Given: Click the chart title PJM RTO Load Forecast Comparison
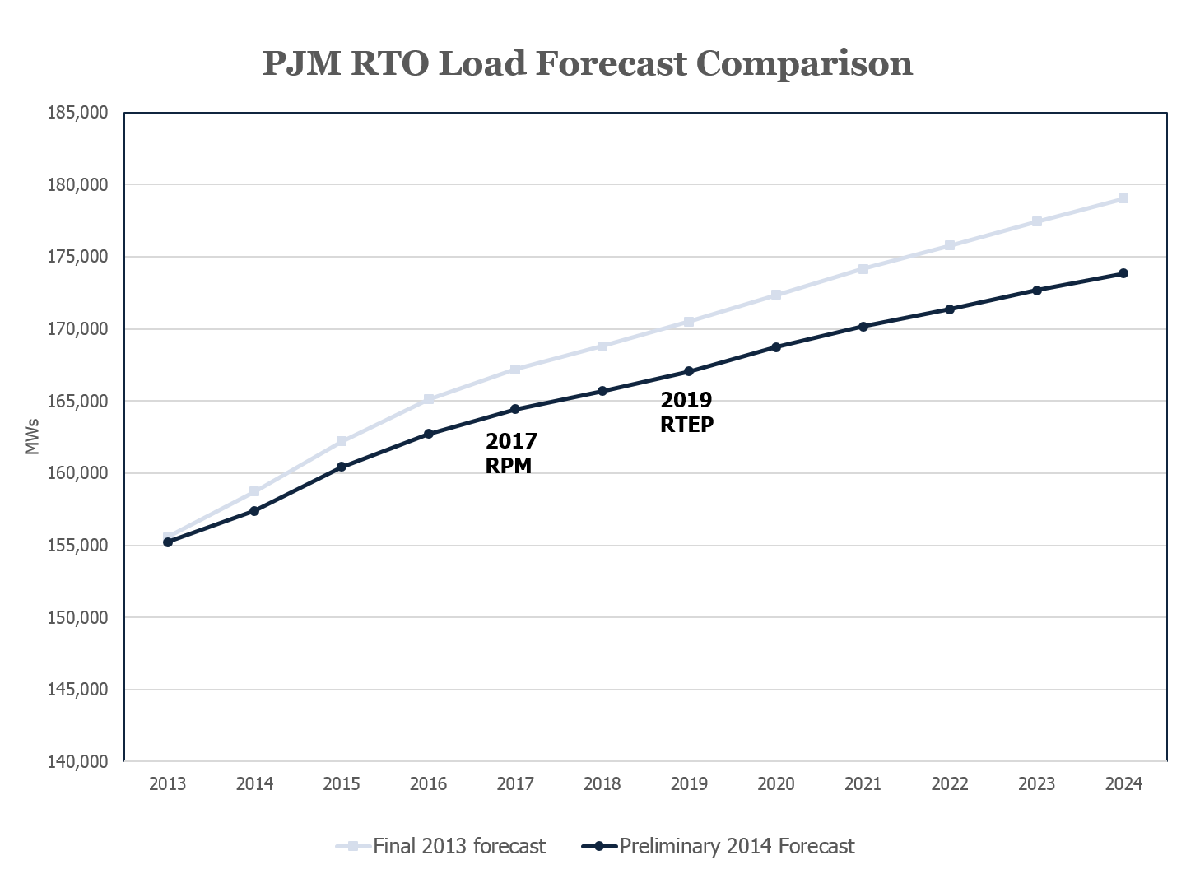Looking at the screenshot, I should click(x=588, y=63).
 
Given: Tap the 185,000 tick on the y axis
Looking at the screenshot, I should click(x=78, y=113).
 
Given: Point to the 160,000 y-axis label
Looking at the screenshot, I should click(x=78, y=473).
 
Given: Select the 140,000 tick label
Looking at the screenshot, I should click(x=78, y=762).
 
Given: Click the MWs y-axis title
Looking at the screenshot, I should click(x=32, y=437).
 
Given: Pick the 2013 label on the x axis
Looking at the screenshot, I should click(x=167, y=784).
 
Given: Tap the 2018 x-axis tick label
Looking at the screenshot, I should click(x=602, y=784).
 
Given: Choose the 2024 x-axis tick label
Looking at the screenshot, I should click(x=1123, y=784).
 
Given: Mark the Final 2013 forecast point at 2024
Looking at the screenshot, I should click(x=1123, y=198).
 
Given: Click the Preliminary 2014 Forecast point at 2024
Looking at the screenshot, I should click(x=1123, y=273).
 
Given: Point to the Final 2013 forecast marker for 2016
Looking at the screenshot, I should click(x=428, y=399).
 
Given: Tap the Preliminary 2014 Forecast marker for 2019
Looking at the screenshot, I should click(x=689, y=371).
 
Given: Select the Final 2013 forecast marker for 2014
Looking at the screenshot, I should click(x=254, y=491).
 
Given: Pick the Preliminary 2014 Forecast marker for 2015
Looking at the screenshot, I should click(x=342, y=467).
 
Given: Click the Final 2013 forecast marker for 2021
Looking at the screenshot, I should click(x=863, y=269).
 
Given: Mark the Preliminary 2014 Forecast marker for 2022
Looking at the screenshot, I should click(x=950, y=309).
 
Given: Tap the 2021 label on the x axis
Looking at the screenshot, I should click(x=863, y=784).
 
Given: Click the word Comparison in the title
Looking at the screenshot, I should click(x=804, y=63).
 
